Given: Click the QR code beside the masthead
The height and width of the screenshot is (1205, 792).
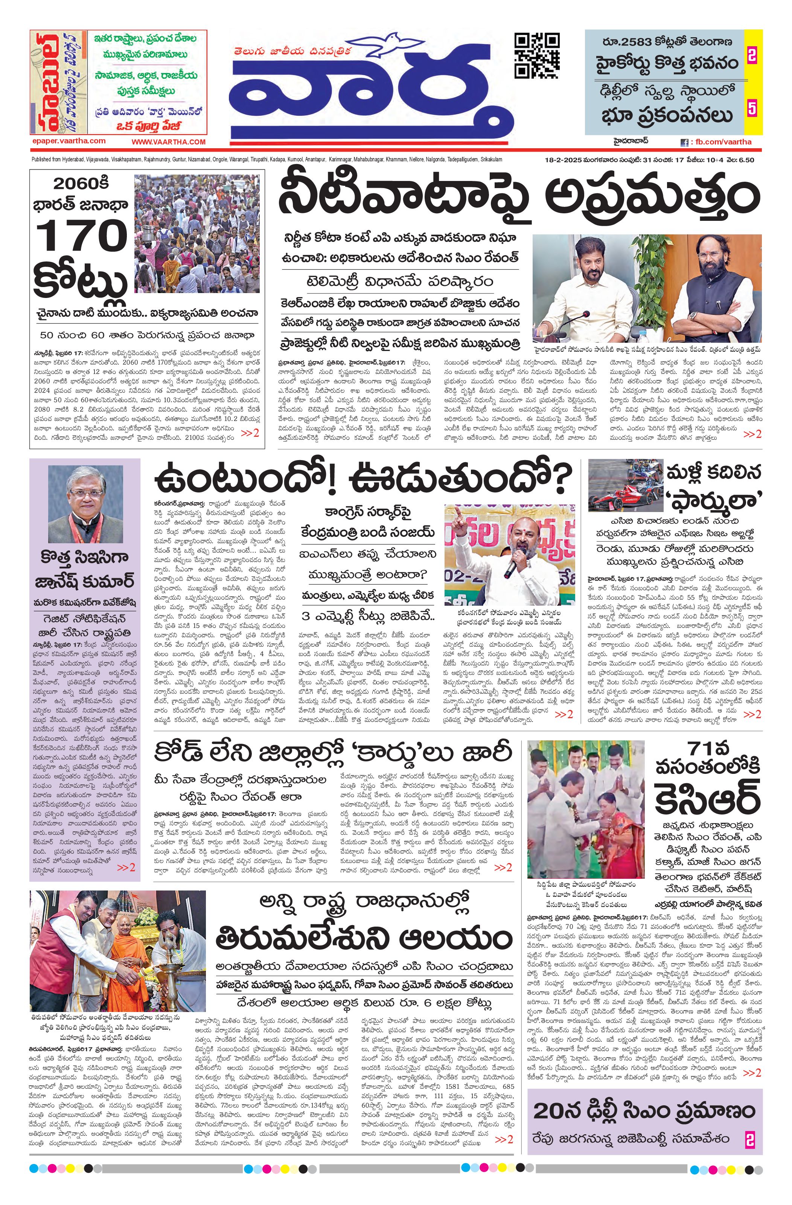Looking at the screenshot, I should point(537,55).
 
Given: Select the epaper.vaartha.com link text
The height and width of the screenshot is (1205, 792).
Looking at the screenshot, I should point(68,141).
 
